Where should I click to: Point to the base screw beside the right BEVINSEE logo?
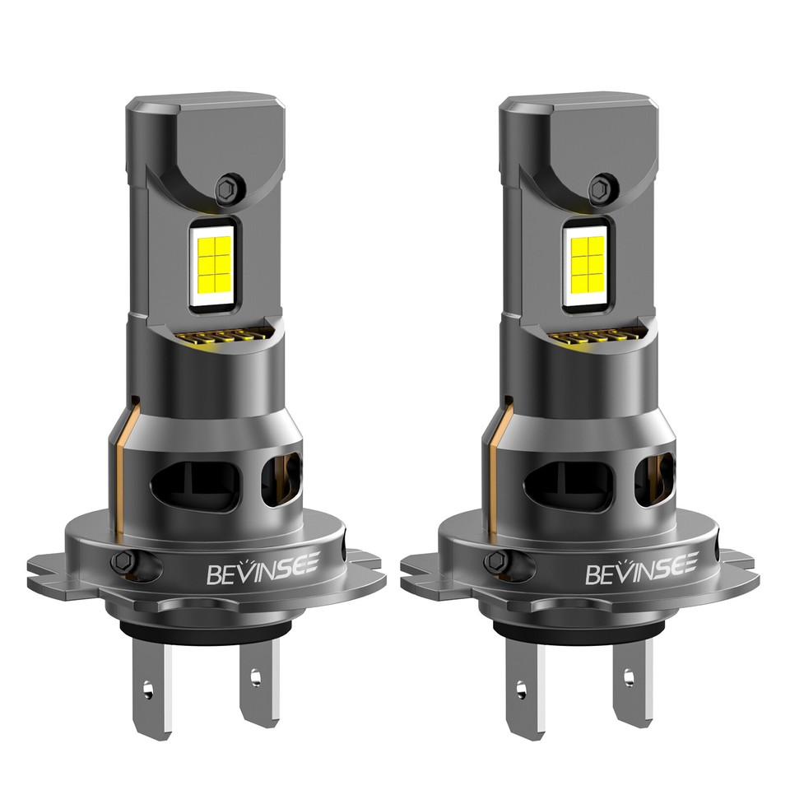pyautogui.click(x=495, y=561)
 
